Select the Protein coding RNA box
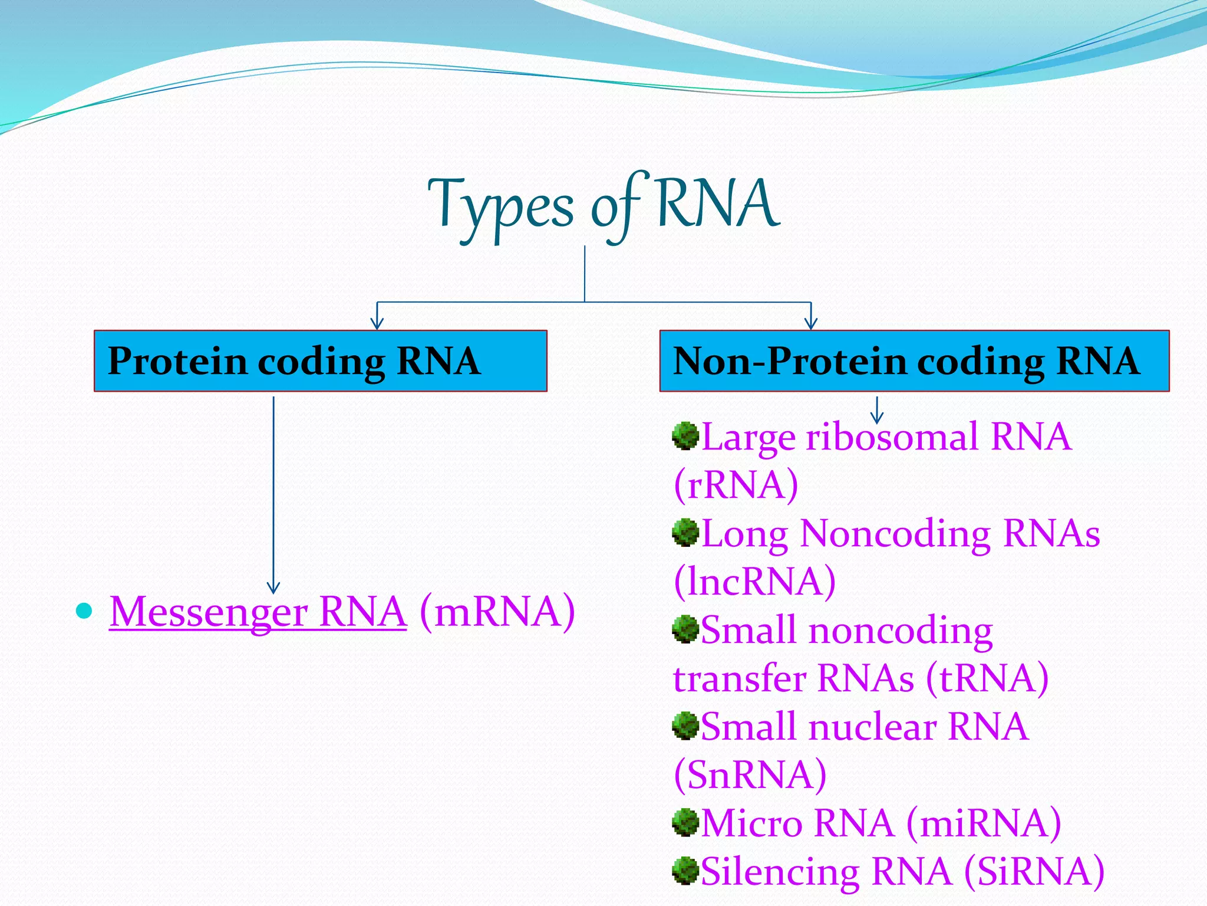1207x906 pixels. (320, 361)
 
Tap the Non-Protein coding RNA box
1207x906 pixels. (914, 361)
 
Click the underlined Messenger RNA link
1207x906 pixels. (258, 612)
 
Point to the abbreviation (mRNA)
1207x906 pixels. (497, 612)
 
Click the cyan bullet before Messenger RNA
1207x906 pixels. (85, 611)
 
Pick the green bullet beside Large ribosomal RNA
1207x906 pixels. (685, 436)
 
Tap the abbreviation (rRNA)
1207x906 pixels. (736, 485)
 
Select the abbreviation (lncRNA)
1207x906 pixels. (754, 582)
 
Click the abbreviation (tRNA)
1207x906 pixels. (987, 678)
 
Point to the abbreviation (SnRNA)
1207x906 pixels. (750, 774)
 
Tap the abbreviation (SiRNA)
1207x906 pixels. (1034, 871)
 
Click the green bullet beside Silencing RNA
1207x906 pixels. (685, 871)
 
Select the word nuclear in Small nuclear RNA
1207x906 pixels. (872, 727)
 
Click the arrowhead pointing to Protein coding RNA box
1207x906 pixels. (377, 323)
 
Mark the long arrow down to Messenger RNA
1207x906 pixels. (273, 495)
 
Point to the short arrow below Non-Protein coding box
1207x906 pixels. (877, 411)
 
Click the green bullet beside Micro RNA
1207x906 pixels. (685, 822)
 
